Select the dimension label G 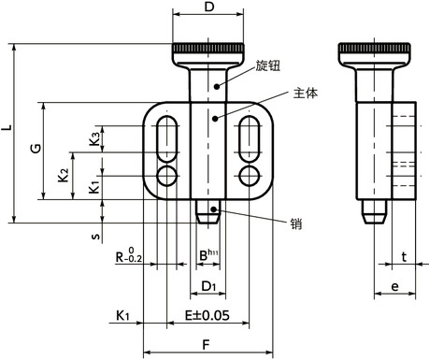(x=36, y=148)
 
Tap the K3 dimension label (x=94, y=138)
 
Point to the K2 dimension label (x=64, y=175)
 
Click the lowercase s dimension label (x=95, y=236)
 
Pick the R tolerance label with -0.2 (x=129, y=255)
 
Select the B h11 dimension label (x=208, y=254)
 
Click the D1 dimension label (x=208, y=286)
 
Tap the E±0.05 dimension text (x=207, y=315)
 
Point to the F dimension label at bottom (x=206, y=345)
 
